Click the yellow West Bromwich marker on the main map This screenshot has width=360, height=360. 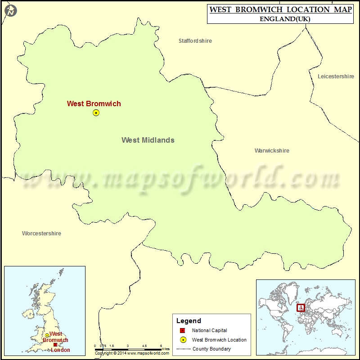(96, 113)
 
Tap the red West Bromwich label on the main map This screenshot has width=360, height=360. (94, 103)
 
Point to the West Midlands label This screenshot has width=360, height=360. (148, 140)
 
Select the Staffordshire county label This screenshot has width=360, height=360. (195, 41)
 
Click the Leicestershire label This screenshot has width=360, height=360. (336, 76)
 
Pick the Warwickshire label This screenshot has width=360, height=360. (272, 151)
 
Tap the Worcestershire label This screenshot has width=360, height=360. (41, 234)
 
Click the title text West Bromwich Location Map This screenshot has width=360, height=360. (279, 9)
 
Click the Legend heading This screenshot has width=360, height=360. (189, 321)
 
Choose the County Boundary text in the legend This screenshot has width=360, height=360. (211, 349)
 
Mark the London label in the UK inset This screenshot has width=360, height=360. (61, 350)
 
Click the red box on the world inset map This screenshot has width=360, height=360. (301, 308)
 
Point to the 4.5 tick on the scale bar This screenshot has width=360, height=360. (144, 346)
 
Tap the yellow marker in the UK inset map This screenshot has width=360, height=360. (47, 336)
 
